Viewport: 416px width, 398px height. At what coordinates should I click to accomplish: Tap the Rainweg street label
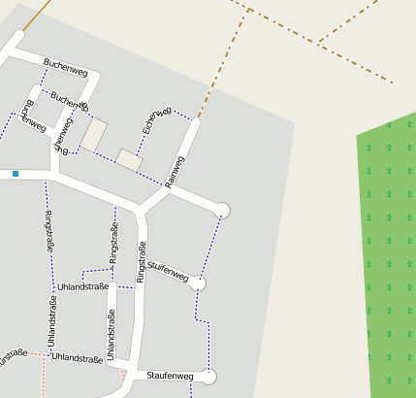175,169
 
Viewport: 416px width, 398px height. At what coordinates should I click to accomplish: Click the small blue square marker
16,174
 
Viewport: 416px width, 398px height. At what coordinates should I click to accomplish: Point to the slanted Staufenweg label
168,272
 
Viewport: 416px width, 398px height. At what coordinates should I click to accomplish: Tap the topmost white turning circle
222,210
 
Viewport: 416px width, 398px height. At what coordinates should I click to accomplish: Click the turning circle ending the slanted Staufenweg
198,283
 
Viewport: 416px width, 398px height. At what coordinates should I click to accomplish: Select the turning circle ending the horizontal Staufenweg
208,377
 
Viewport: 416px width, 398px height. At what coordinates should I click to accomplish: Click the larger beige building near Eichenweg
95,134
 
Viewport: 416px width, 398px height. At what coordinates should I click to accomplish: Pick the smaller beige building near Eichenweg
129,159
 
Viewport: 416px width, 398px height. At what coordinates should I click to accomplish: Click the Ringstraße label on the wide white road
141,262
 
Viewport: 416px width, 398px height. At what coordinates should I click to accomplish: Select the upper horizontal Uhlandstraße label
82,287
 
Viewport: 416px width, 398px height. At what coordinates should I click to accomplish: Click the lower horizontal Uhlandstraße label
78,358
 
